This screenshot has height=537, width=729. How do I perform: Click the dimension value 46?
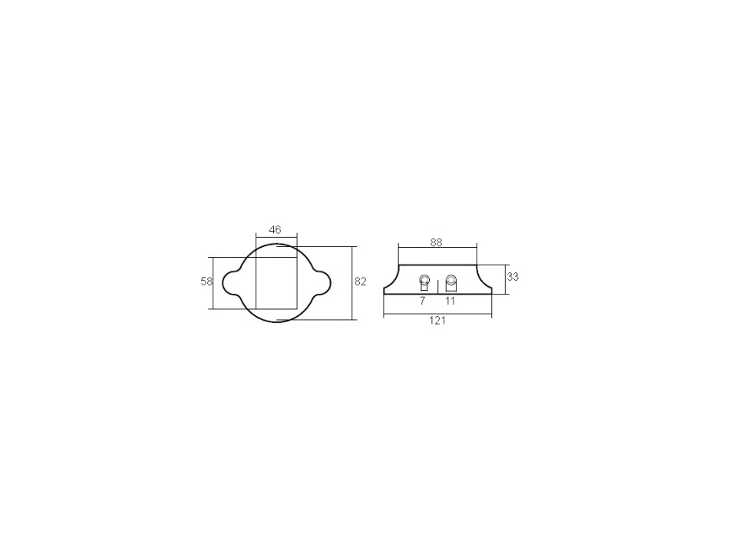[275, 229]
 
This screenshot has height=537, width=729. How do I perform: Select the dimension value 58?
[206, 282]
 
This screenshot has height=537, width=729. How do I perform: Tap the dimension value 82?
[361, 282]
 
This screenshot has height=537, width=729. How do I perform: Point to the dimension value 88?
[436, 242]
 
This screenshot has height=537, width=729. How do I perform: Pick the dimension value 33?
[513, 277]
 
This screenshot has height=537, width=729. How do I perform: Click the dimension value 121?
[437, 321]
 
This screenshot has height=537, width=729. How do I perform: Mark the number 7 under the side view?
[422, 301]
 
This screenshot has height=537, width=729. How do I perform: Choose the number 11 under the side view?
[450, 301]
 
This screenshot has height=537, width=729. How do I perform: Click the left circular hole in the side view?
[424, 280]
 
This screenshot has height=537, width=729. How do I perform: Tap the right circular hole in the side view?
[450, 280]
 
